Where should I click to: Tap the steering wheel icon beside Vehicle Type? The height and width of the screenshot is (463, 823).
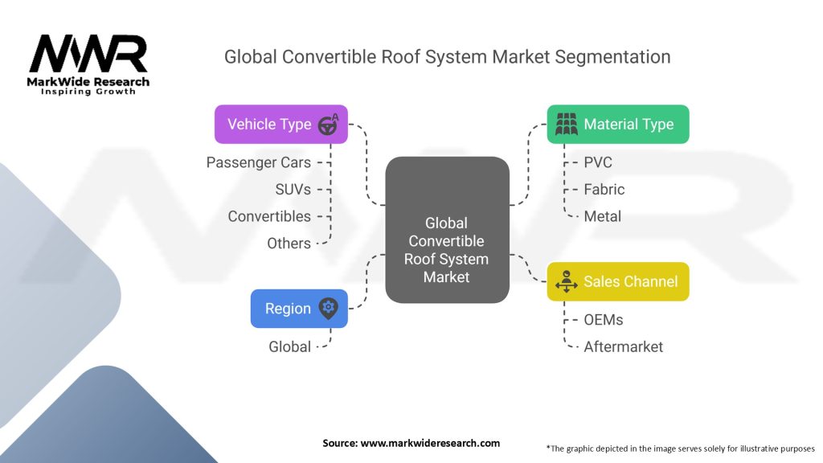[x=328, y=125]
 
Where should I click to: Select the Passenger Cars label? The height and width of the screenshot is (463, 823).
[x=258, y=162]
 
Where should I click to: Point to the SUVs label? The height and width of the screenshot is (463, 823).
[x=293, y=190]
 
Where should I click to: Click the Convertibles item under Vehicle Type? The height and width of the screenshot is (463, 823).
[x=268, y=216]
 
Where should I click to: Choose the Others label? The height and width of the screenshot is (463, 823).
[x=289, y=243]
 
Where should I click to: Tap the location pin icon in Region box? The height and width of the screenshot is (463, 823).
[x=328, y=308]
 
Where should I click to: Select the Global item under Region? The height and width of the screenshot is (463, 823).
[x=289, y=346]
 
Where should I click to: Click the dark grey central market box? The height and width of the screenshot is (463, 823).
[x=447, y=230]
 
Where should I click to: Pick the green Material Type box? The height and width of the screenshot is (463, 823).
[x=617, y=125]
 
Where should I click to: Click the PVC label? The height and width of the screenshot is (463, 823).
[x=598, y=162]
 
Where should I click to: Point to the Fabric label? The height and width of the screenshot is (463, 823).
[x=604, y=190]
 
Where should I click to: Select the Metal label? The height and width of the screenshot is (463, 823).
[x=603, y=216]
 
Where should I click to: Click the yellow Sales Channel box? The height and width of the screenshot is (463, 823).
[x=617, y=281]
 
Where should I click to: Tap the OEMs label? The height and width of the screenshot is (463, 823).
[x=604, y=320]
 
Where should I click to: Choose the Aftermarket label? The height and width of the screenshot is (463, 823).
[x=624, y=346]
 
